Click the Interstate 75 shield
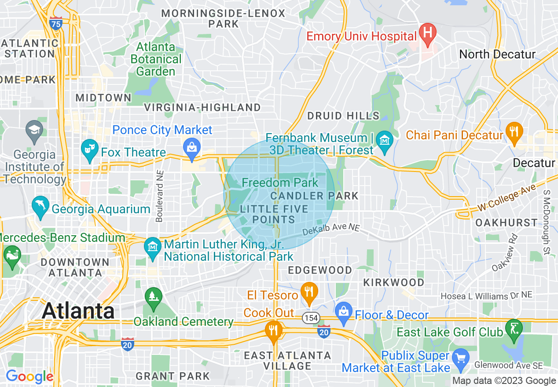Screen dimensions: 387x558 coord(55,23)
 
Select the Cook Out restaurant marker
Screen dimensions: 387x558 coord(274,330)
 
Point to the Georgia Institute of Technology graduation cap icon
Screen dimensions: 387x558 coord(33,130)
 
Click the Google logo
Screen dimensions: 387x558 coord(29,377)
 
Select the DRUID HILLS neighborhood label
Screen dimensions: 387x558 coord(343,116)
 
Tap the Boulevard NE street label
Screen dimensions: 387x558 coord(159,196)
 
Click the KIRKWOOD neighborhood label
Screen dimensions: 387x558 coord(393,282)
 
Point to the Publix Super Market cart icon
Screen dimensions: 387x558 coord(461,358)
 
